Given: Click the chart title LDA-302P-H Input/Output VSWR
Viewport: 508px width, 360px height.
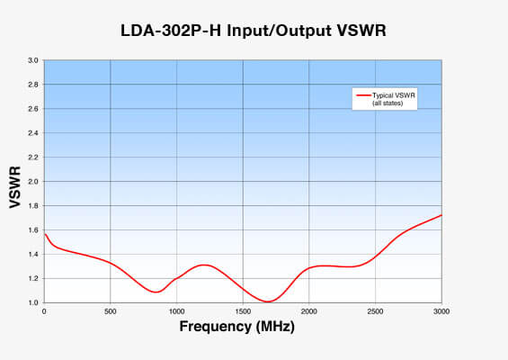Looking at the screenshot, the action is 254,31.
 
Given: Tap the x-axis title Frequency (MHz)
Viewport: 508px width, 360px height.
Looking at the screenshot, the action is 237,327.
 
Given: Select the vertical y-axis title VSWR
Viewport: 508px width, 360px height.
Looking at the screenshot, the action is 15,187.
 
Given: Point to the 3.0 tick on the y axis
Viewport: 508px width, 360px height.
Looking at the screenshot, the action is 33,60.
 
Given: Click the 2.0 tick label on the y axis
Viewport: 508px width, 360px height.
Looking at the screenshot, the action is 33,182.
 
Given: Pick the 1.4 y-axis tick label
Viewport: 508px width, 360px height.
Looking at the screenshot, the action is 33,255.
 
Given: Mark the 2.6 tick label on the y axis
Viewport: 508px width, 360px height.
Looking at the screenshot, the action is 33,109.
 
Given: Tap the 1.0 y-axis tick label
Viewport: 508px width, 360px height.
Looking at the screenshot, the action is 33,303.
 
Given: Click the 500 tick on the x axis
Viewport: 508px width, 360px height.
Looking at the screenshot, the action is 111,311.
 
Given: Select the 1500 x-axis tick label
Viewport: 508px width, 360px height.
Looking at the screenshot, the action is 243,311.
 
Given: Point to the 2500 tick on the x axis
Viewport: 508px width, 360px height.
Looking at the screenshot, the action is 375,311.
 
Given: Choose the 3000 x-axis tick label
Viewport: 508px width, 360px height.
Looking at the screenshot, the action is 441,311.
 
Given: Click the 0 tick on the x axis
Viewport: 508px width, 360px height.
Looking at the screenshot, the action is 44,311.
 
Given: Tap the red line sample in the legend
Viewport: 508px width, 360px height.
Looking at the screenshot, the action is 363,95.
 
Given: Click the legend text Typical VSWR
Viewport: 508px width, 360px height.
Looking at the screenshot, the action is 394,95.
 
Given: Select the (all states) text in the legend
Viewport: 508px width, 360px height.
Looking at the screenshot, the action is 388,103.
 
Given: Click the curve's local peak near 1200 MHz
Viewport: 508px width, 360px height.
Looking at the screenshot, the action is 397,265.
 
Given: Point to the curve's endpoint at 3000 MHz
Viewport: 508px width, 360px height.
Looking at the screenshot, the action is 441,215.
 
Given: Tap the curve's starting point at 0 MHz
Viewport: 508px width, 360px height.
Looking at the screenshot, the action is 45,234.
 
